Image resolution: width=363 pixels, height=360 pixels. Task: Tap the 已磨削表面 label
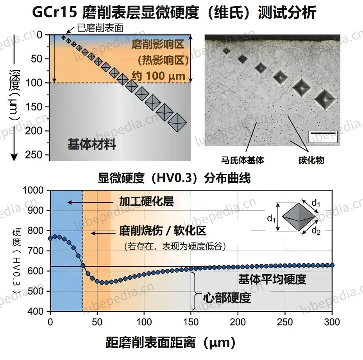point(100,28)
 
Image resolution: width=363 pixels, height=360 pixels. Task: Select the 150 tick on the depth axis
point(37,107)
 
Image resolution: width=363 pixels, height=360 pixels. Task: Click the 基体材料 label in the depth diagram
point(92,144)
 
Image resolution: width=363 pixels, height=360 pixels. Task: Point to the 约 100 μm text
point(159,76)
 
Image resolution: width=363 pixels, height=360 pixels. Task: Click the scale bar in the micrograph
point(323,134)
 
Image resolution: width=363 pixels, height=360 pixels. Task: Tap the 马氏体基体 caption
point(242,160)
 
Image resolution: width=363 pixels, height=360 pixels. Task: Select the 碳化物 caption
point(311,160)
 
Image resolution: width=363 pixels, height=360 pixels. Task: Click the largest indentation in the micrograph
point(325,99)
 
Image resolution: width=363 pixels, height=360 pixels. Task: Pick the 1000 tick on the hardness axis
point(33,190)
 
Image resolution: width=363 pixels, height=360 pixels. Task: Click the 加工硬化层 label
point(146,201)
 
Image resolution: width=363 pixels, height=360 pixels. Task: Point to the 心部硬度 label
point(227,298)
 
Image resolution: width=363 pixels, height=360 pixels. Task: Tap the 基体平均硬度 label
point(272,279)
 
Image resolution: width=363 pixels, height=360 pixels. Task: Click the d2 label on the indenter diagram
point(316,230)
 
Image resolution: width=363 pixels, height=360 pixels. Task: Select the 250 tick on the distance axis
point(284,322)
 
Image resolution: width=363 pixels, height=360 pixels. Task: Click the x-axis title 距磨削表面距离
point(151,342)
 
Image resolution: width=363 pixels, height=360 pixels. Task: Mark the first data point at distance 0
point(50,238)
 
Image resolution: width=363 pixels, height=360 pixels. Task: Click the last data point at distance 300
point(332,266)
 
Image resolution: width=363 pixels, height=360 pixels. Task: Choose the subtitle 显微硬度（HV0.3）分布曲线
point(174,178)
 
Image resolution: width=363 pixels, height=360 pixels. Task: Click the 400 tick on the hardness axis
point(36,311)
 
